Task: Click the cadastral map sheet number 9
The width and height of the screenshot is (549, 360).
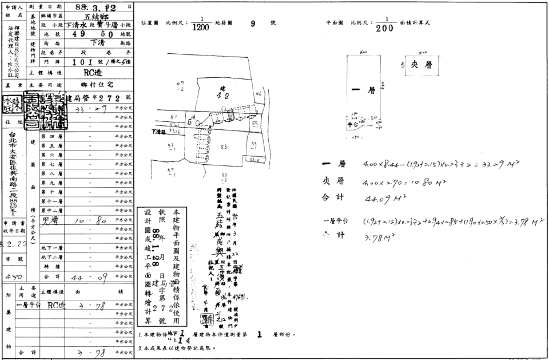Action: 252,23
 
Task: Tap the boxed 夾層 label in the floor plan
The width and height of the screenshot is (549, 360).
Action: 421,65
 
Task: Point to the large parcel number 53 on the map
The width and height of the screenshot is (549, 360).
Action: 224,147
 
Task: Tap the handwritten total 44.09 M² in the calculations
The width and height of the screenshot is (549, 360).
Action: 380,199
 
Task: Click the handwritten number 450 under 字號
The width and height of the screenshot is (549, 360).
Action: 10,276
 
